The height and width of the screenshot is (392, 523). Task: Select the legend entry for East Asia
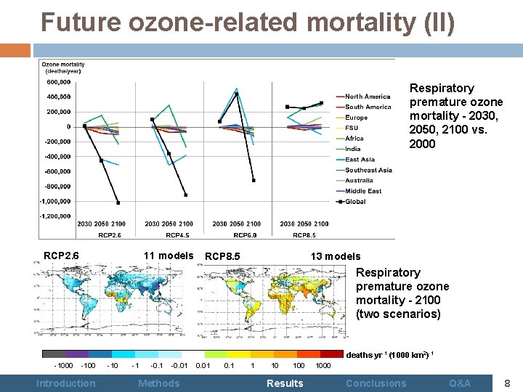click(360, 160)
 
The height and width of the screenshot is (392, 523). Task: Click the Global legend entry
click(355, 202)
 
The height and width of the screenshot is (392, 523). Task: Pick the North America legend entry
click(368, 97)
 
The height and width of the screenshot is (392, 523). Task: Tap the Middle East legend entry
click(363, 192)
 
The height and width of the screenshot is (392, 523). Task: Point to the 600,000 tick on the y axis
click(59, 81)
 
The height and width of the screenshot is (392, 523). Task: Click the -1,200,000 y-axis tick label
click(55, 216)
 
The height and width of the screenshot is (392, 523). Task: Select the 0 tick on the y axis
click(69, 126)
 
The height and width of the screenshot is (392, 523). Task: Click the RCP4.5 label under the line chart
click(178, 235)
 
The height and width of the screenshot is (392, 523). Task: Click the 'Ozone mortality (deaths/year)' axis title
click(62, 68)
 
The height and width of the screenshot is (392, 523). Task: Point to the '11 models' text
click(169, 255)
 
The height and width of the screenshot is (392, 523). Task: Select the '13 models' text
click(336, 256)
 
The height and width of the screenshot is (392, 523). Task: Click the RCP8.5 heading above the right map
click(223, 256)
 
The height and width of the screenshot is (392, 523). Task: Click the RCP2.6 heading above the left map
click(61, 255)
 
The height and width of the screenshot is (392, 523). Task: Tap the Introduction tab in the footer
click(65, 383)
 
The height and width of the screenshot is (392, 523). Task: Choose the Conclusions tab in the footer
click(376, 383)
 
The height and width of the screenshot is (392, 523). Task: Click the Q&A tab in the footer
click(460, 383)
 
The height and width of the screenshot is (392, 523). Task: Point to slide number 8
click(506, 383)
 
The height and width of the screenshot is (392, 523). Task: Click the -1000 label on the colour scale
click(63, 365)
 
